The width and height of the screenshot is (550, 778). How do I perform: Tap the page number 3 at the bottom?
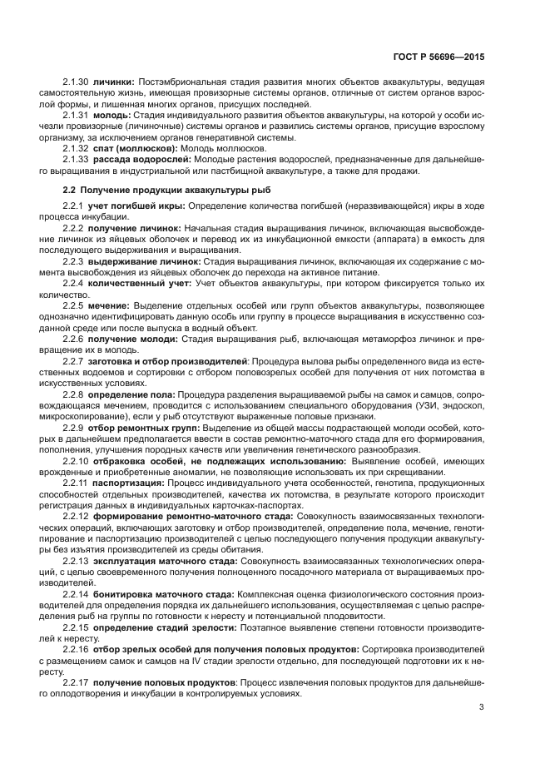point(482,707)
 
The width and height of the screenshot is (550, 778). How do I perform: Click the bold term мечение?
point(109,305)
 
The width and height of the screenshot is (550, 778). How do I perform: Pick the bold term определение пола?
point(130,393)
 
